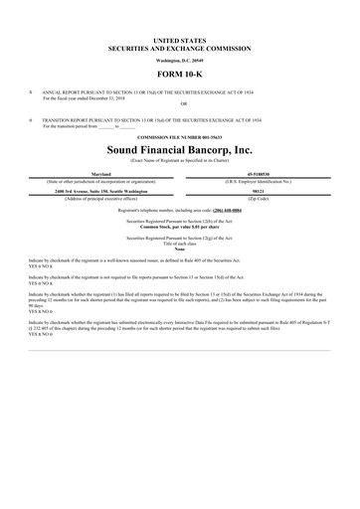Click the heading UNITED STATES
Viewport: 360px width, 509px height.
pyautogui.click(x=180, y=38)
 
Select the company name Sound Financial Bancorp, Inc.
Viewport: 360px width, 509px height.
pyautogui.click(x=180, y=148)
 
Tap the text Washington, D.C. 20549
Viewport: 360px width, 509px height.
pyautogui.click(x=180, y=59)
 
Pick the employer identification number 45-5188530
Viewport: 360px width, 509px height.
pyautogui.click(x=263, y=174)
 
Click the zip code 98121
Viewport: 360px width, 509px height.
pyautogui.click(x=263, y=193)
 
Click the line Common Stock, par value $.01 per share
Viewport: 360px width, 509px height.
pyautogui.click(x=180, y=228)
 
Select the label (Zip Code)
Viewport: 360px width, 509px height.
pyautogui.click(x=263, y=200)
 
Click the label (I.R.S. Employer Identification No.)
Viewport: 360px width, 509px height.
pyautogui.click(x=263, y=181)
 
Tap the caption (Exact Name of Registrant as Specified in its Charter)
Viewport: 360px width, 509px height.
pyautogui.click(x=180, y=160)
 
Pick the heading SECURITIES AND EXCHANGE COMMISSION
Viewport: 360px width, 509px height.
pyautogui.click(x=180, y=46)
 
